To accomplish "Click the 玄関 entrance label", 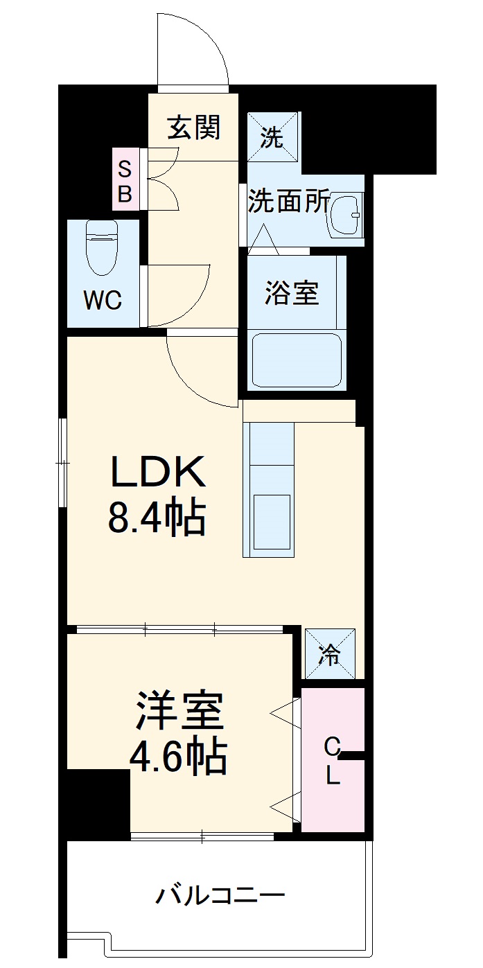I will (x=194, y=127).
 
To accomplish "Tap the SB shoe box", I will (x=125, y=180).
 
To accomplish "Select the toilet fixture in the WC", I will (x=102, y=247).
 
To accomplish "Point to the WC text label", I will (x=103, y=301).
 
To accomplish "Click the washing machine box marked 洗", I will (x=272, y=137).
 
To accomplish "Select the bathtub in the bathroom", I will (x=297, y=361).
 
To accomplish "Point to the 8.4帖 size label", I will (x=157, y=518).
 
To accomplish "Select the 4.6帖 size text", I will (x=178, y=757).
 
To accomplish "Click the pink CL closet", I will (x=333, y=760).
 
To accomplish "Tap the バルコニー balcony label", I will (x=220, y=896).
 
